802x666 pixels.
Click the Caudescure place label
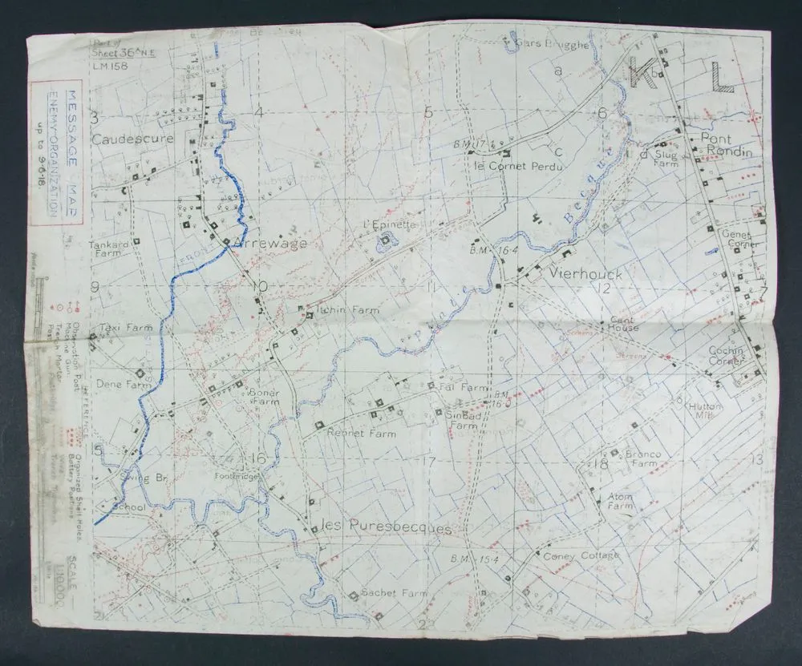click(x=132, y=139)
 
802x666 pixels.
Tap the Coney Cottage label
click(x=581, y=555)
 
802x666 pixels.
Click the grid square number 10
click(x=257, y=287)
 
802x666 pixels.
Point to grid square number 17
click(x=429, y=462)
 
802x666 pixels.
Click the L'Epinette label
click(x=389, y=224)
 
